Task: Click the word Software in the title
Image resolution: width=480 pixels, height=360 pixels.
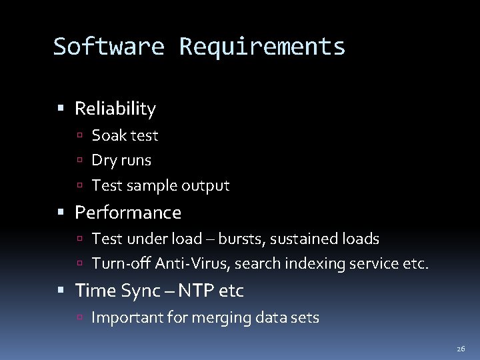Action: click(108, 47)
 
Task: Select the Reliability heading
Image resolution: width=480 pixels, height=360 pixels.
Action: click(115, 109)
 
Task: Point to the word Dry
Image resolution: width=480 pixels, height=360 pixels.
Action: click(103, 161)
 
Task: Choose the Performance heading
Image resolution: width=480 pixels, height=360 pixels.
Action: click(128, 213)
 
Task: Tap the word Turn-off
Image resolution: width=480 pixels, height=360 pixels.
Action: click(121, 264)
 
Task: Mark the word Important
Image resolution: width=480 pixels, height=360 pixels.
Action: click(123, 317)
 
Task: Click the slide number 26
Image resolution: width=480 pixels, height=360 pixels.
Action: click(461, 349)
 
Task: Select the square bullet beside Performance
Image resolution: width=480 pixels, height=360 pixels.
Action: click(61, 213)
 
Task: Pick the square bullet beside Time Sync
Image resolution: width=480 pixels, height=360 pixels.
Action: click(61, 291)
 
